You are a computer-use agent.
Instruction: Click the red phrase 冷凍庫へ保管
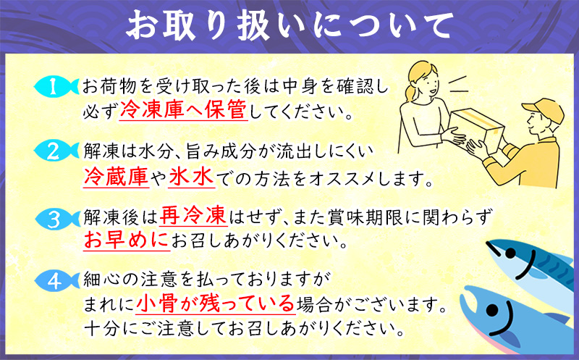[x=184, y=112]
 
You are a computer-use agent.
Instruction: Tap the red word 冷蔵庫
[x=117, y=176]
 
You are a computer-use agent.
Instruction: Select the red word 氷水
[x=178, y=176]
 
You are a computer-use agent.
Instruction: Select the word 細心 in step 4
[x=97, y=277]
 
